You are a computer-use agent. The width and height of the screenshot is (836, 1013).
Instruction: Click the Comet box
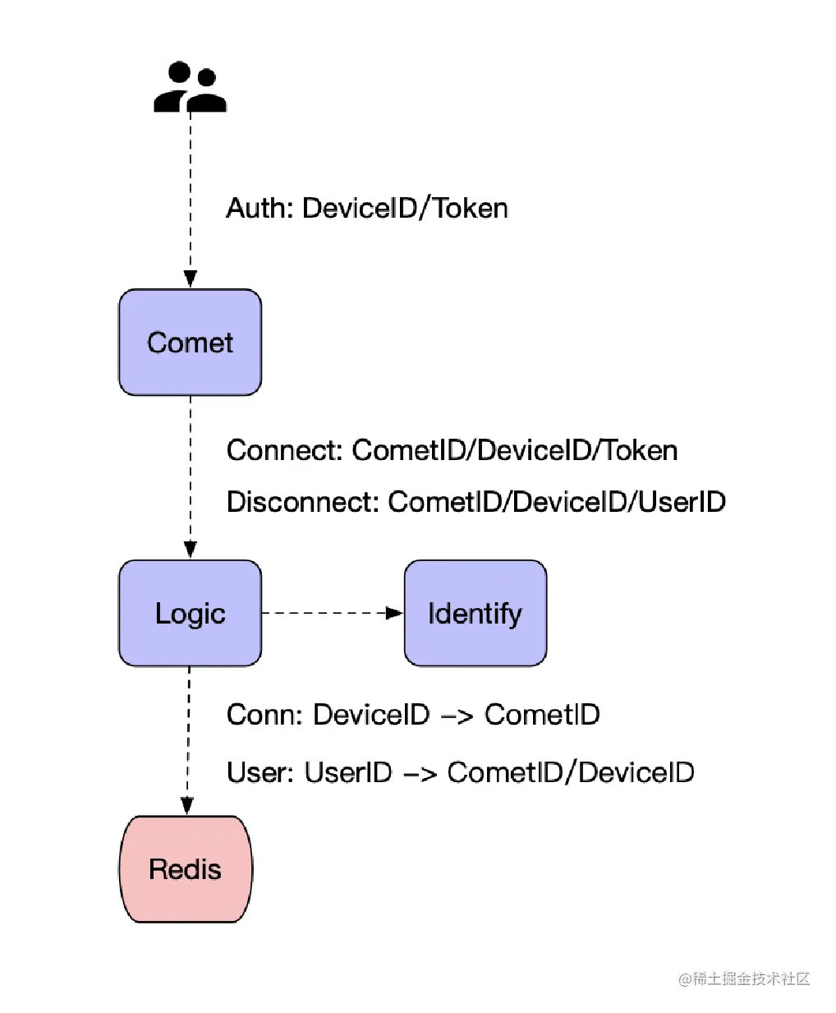point(190,343)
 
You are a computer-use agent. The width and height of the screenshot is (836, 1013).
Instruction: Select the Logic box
point(190,613)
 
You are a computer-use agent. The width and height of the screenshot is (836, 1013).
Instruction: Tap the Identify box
point(475,613)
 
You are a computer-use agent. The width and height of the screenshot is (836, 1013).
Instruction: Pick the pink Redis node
point(186,869)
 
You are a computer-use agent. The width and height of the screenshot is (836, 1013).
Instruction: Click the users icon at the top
point(190,86)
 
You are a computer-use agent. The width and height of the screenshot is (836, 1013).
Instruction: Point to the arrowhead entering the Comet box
point(190,279)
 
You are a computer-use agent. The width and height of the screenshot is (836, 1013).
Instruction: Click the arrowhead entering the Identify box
point(394,613)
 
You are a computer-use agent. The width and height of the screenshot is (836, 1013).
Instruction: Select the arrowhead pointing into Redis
point(187,806)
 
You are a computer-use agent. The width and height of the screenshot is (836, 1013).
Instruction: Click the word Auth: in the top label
point(260,208)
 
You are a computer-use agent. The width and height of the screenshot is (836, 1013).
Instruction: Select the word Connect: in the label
point(285,450)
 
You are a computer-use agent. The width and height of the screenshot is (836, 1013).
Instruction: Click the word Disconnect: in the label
point(303,502)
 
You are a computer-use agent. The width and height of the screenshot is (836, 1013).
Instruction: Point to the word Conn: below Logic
point(264,715)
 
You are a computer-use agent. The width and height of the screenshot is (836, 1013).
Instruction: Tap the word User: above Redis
point(260,772)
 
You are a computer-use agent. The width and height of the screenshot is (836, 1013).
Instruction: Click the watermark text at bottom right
point(744,978)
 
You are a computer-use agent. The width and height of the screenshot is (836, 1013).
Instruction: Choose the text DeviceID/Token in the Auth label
point(405,208)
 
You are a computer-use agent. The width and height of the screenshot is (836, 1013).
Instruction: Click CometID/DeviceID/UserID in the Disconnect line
point(557,502)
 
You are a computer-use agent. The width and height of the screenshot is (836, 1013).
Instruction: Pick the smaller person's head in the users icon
point(207,77)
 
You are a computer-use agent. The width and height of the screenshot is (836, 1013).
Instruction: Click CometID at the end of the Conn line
point(542,715)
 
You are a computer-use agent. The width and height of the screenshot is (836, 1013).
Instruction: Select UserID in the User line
point(347,772)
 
